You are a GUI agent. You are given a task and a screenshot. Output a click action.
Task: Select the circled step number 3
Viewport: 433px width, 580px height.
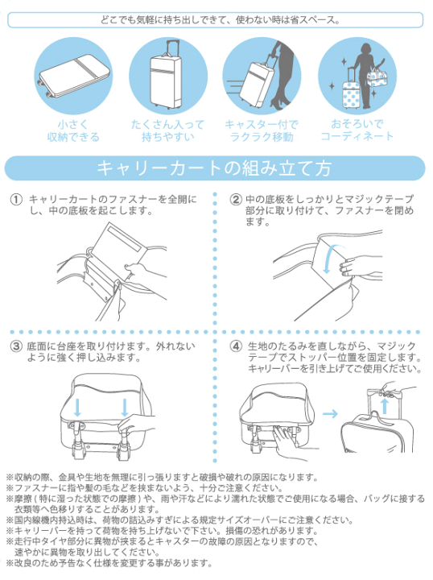(15, 346)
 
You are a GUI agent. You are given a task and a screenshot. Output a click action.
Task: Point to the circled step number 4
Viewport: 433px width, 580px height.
(236, 346)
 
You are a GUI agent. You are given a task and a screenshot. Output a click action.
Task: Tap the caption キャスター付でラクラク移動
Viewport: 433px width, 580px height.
(262, 130)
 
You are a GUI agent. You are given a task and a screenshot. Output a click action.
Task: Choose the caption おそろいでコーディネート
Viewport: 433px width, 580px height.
(357, 130)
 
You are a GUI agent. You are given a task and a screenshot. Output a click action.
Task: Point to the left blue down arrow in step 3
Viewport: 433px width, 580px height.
(77, 407)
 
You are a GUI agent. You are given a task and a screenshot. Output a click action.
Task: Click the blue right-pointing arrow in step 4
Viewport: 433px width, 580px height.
(330, 413)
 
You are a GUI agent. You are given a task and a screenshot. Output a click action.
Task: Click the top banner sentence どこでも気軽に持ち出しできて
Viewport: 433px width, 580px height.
(216, 19)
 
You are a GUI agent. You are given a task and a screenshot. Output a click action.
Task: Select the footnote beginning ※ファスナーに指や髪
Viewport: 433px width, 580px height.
(161, 488)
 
